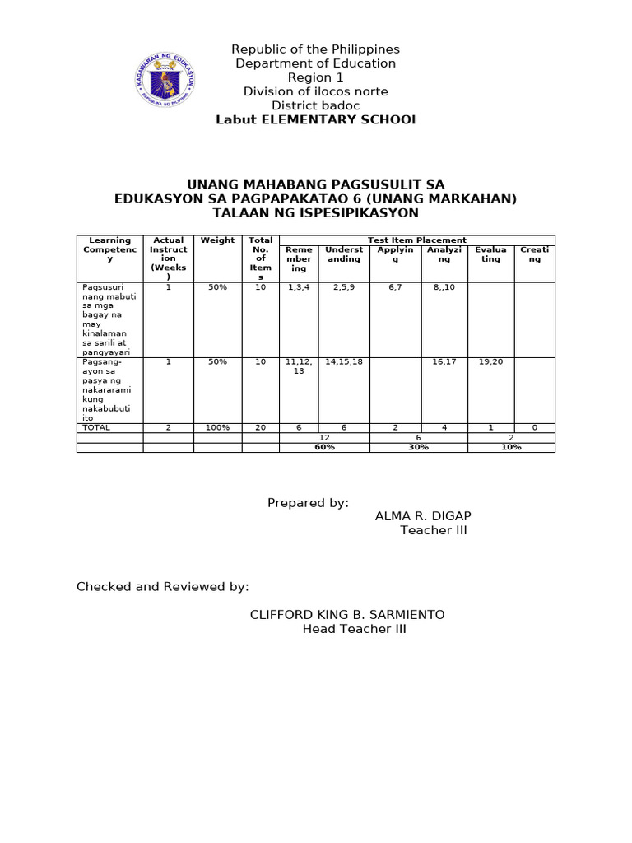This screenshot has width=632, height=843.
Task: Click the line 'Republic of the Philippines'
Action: tap(315, 49)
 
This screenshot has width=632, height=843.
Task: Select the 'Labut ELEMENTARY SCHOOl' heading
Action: tap(315, 119)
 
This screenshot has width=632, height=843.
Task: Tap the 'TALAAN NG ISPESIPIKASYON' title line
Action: tap(315, 212)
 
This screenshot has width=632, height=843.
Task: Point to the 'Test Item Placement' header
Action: tap(416, 240)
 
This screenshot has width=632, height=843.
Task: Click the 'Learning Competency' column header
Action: tap(109, 249)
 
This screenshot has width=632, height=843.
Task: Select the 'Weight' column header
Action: tap(217, 240)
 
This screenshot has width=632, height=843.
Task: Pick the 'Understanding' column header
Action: tap(344, 254)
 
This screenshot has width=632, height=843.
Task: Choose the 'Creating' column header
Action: tap(534, 254)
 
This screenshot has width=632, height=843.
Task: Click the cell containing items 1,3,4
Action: tap(298, 287)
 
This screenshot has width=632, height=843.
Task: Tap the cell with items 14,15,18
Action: tap(344, 362)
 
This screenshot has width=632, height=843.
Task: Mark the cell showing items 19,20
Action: tap(490, 362)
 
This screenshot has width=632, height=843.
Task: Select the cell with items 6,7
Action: tap(395, 287)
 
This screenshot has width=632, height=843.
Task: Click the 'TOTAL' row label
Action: tap(95, 428)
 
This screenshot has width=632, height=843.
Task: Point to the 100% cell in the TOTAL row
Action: tap(217, 428)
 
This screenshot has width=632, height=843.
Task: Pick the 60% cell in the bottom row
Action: tap(324, 447)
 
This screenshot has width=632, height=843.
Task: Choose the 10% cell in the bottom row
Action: tap(511, 447)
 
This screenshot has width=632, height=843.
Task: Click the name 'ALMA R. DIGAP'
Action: tap(423, 516)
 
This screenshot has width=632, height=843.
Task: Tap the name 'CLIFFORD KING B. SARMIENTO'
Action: tap(347, 615)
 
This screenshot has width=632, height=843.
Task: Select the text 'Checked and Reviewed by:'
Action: tap(162, 587)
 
